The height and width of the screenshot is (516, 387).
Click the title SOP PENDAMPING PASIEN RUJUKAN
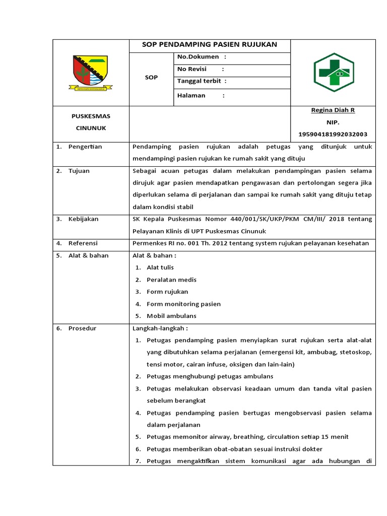(210, 44)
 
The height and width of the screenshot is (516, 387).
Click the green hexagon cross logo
(334, 72)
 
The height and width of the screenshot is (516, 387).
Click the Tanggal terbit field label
(202, 81)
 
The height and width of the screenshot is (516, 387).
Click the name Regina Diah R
(334, 110)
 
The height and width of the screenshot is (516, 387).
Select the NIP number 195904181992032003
(333, 134)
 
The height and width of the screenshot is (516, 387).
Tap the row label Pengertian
(85, 147)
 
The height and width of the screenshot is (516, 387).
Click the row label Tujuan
(79, 171)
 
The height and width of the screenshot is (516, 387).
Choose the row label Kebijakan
(83, 219)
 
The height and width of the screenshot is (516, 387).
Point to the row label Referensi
(83, 243)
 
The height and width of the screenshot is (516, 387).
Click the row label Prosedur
(82, 328)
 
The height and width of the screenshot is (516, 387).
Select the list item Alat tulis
(160, 268)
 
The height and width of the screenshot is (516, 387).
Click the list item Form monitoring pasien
(183, 304)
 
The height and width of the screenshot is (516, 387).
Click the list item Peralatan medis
(171, 280)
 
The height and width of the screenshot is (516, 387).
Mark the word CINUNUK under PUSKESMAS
(91, 128)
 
